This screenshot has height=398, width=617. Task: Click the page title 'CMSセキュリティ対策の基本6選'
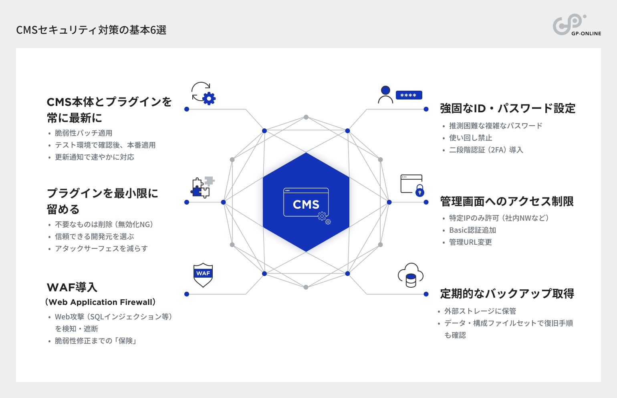pos(91,30)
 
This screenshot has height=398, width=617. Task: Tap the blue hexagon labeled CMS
pos(306,202)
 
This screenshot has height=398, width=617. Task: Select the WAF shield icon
pos(203,275)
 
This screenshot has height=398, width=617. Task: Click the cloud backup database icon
pos(411,275)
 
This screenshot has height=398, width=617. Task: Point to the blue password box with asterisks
pos(409,95)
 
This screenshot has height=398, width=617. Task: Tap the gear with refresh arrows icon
pos(204,93)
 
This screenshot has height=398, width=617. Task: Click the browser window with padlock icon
pos(412,185)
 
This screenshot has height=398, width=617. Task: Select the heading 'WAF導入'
pos(72,287)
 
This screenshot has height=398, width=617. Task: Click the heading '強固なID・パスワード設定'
pos(508,108)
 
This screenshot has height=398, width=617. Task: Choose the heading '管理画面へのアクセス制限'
pos(507,201)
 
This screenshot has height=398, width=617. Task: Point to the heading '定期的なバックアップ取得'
pos(507,294)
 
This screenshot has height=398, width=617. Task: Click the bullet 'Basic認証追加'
pos(472,230)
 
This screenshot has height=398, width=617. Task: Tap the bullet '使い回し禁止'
pos(470,138)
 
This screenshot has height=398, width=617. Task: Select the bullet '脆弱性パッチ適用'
pos(83,133)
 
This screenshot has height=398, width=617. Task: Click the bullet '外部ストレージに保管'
pos(480,311)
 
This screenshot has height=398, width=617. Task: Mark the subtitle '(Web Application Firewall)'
pos(101,302)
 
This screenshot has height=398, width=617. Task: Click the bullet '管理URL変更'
pos(470,242)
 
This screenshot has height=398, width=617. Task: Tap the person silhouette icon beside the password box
pos(385,95)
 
